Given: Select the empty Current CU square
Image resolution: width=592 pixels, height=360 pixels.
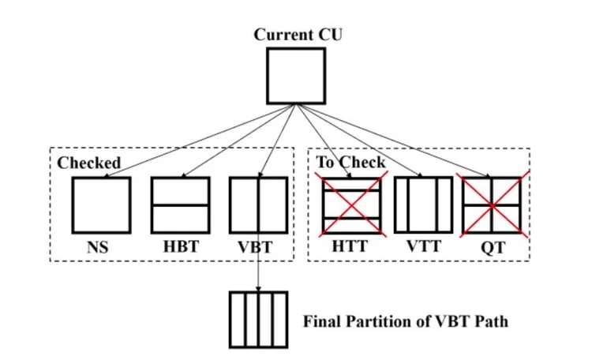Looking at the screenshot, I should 295,76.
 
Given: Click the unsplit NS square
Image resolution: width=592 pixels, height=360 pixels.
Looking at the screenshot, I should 101,204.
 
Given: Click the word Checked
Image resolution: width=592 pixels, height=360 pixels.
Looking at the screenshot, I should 88,163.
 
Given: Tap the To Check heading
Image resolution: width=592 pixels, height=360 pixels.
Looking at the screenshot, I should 351,163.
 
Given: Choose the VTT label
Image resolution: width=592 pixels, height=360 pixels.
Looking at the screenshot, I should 423,247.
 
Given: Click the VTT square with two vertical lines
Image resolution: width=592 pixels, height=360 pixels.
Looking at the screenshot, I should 423,204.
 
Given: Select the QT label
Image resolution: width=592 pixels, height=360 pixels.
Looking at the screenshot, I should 493,247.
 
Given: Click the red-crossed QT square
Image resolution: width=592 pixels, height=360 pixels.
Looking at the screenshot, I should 493,204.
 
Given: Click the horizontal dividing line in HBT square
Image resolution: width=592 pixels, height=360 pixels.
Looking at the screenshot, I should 180,205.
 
